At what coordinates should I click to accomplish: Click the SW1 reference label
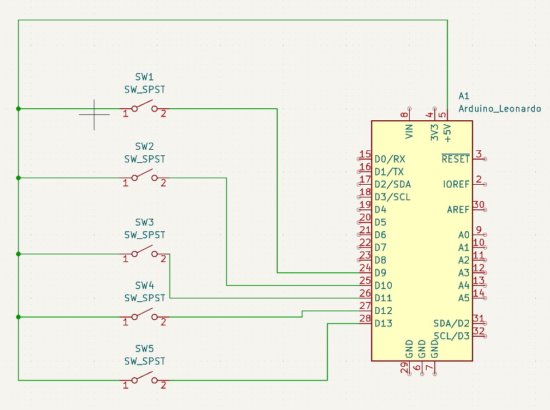pos(144,77)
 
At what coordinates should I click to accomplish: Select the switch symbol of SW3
pos(144,253)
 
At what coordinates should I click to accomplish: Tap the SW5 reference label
pos(144,348)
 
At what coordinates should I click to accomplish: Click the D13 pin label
pos(383,323)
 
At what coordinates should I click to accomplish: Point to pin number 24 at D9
pos(365,267)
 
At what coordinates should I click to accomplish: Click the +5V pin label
pos(447,132)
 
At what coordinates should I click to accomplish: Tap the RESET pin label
pos(455,159)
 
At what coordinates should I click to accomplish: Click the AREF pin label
pos(458,209)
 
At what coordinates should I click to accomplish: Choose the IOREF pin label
pos(456,184)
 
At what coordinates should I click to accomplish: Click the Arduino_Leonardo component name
pos(499,109)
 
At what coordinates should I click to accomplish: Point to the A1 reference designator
pos(464,96)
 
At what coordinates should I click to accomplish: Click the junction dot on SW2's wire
pos(19,178)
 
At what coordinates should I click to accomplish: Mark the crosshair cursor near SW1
pos(94,114)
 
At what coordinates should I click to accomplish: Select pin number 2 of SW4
pos(163,322)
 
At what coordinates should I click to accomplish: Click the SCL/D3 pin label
pos(451,336)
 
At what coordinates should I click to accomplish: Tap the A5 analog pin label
pos(463,298)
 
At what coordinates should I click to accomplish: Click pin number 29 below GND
pos(404,370)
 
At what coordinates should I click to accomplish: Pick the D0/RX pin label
pos(390,159)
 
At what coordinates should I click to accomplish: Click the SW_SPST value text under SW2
pos(144,159)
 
